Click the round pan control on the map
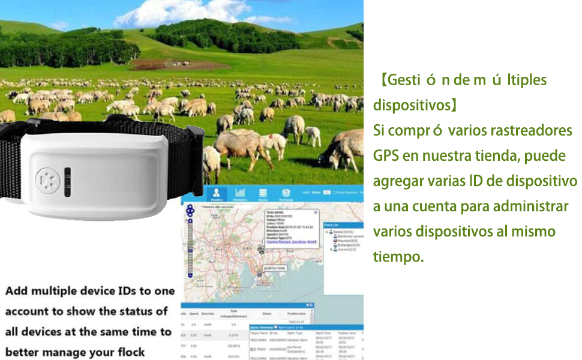point(191,210)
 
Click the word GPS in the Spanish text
point(387,156)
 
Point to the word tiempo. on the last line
point(398,257)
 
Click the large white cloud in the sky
point(180,12)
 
